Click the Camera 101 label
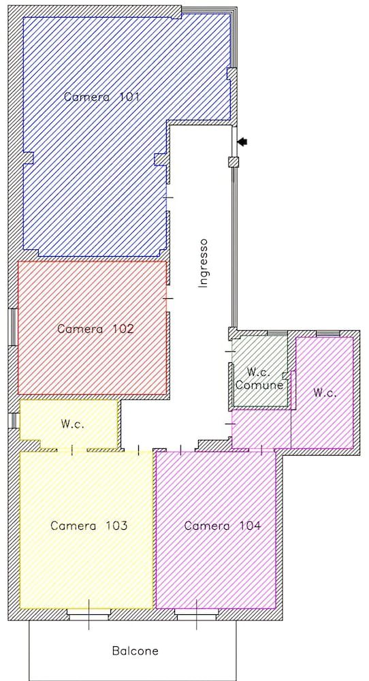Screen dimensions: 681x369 click(x=102, y=97)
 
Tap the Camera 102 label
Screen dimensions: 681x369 click(x=95, y=328)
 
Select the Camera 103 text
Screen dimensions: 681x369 click(x=89, y=526)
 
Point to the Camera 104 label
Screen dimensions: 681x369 click(x=222, y=526)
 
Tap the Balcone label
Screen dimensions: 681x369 click(x=135, y=651)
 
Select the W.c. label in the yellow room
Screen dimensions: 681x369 click(x=71, y=424)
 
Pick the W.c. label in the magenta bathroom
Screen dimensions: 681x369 click(x=325, y=393)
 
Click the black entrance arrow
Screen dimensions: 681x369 click(x=242, y=142)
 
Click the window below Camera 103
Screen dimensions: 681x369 click(x=89, y=615)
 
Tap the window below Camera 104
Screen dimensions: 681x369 click(x=196, y=615)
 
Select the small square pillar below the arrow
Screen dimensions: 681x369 click(x=233, y=162)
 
